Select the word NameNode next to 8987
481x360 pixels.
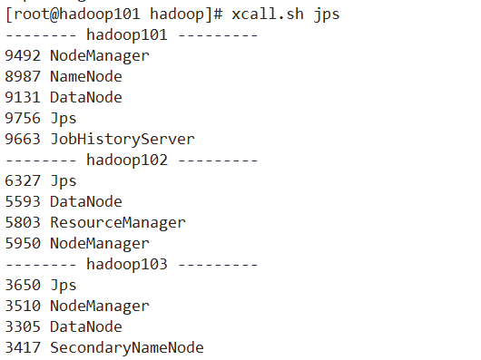[86, 77]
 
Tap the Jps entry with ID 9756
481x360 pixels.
[64, 119]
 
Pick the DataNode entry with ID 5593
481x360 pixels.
[86, 202]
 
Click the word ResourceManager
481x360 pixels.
[118, 223]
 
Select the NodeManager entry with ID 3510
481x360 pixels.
[100, 306]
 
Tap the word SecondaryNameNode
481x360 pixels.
[127, 348]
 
